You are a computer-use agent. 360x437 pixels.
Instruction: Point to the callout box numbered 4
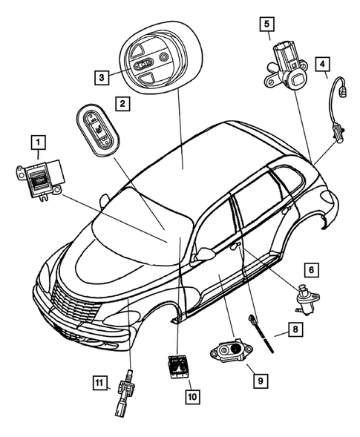pos(322,64)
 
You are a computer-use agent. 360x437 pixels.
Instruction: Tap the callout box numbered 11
pos(98,383)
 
